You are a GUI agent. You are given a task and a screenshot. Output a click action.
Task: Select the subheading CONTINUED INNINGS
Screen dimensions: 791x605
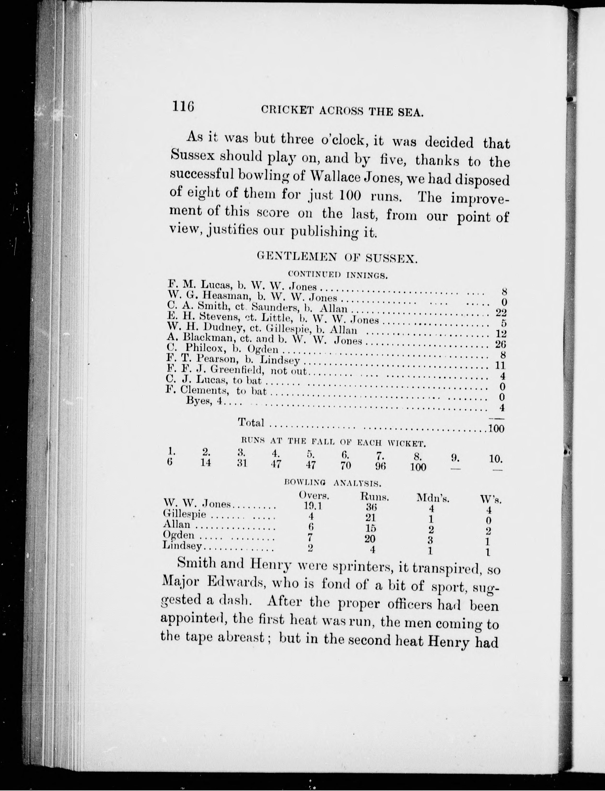(338, 276)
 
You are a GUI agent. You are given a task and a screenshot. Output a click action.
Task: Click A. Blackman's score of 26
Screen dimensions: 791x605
(500, 344)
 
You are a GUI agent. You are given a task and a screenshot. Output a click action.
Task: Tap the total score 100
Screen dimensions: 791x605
(496, 428)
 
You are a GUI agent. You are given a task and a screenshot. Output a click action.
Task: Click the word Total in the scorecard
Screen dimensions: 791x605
(251, 422)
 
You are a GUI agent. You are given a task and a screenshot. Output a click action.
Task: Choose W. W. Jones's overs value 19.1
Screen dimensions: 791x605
(312, 506)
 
